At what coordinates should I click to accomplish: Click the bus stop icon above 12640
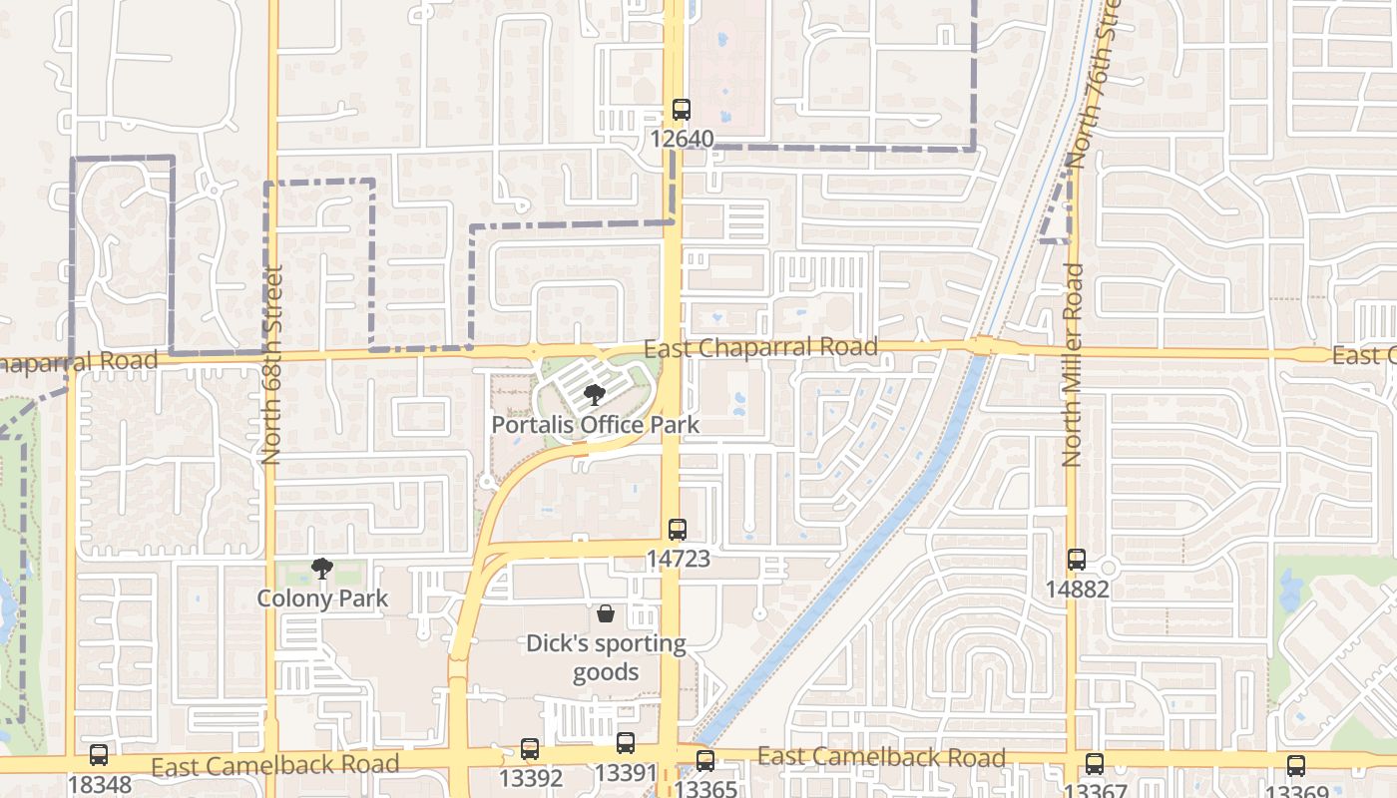682,110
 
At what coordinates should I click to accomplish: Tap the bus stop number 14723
678,559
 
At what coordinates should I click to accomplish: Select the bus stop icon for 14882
1077,560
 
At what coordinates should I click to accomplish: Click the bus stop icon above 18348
98,755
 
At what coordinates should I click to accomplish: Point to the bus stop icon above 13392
530,748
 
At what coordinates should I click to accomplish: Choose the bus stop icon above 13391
626,743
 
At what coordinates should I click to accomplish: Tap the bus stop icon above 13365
705,761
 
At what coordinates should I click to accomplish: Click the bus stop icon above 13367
1095,764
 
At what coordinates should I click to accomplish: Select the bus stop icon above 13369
1295,766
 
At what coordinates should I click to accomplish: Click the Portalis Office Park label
595,425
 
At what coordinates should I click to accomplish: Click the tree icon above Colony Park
321,570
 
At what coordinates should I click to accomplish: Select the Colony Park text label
321,598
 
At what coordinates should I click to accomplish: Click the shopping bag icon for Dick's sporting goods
606,613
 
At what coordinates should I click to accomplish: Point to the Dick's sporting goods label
606,658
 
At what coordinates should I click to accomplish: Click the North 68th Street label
271,364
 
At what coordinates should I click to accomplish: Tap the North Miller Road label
1073,364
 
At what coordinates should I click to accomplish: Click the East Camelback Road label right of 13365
881,757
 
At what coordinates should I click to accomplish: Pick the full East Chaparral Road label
760,348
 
